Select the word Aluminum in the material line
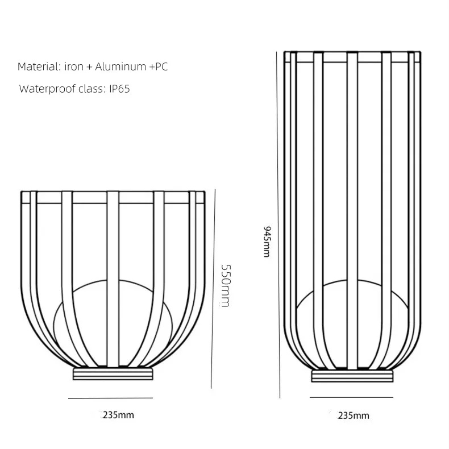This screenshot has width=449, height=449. tap(121, 66)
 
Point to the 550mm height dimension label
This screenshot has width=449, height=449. tap(225, 285)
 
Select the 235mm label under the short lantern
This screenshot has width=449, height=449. tap(118, 415)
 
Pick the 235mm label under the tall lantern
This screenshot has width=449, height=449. tap(353, 415)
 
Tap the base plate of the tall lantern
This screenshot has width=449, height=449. tap(352, 376)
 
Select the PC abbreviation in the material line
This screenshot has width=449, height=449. tap(161, 66)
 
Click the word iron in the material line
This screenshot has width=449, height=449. tap(74, 66)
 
